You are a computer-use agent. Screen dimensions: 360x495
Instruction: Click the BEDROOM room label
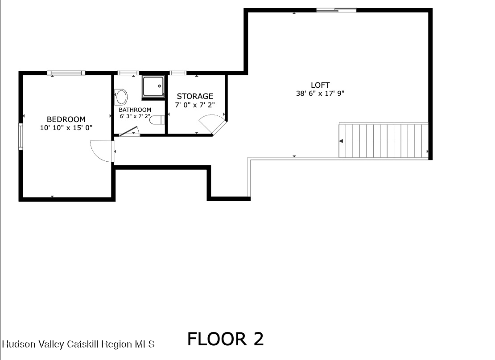(66, 119)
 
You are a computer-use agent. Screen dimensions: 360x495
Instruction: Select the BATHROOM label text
(135, 110)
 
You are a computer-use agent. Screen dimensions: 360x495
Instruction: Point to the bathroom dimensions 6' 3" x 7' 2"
(135, 116)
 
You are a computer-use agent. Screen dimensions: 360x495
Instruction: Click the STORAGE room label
(195, 96)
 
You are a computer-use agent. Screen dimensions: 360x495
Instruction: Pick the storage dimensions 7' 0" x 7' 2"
(195, 106)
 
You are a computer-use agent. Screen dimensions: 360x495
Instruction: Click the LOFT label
(320, 85)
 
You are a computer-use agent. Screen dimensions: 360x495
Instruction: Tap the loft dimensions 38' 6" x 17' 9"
(320, 94)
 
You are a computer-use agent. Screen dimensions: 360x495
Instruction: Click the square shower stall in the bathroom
(153, 86)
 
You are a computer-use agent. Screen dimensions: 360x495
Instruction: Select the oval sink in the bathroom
(121, 97)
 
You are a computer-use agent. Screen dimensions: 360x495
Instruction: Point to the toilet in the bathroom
(157, 120)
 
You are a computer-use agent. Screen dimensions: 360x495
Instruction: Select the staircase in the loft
(384, 141)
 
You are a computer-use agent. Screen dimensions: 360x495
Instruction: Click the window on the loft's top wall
(336, 10)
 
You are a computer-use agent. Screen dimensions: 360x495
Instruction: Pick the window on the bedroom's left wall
(21, 135)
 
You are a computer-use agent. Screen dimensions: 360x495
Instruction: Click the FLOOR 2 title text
(225, 339)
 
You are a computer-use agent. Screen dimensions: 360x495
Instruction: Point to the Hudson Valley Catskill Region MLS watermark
(78, 344)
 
